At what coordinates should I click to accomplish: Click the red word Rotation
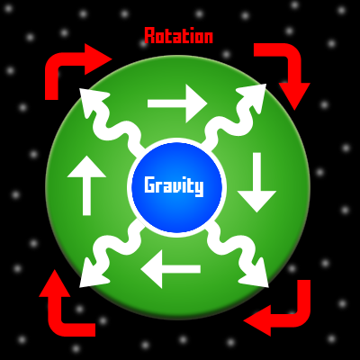(179, 36)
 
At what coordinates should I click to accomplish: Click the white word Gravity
(174, 186)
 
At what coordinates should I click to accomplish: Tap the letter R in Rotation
(149, 36)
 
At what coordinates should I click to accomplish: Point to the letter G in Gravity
(149, 184)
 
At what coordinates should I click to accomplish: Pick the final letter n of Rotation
(208, 38)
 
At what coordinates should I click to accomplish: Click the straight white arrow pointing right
(177, 103)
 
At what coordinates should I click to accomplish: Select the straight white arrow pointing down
(256, 183)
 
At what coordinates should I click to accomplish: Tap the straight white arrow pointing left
(170, 269)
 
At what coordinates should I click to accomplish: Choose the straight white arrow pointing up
(86, 185)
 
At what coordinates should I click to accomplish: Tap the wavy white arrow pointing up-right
(234, 120)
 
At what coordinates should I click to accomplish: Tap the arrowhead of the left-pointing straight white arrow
(151, 269)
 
